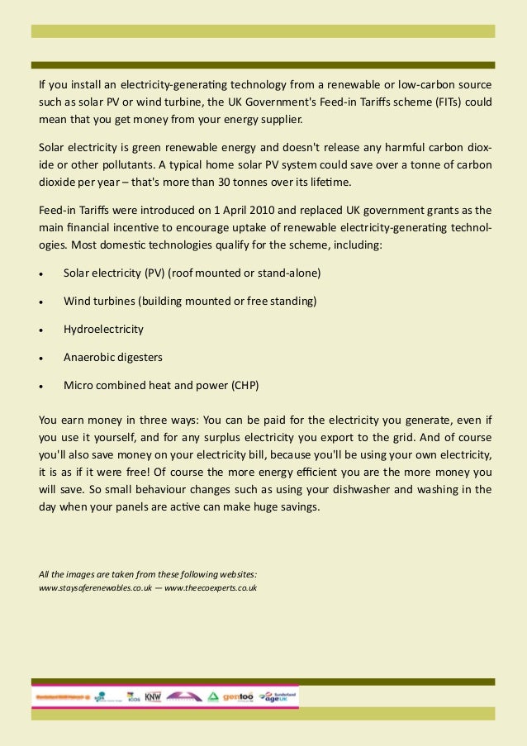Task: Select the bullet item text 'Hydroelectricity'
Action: pos(103,329)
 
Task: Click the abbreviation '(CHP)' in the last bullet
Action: pos(250,385)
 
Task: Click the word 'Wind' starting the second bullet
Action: pos(77,301)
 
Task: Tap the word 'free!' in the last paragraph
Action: pos(150,472)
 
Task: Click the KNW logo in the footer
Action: pos(154,696)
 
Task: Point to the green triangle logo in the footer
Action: pos(213,696)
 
